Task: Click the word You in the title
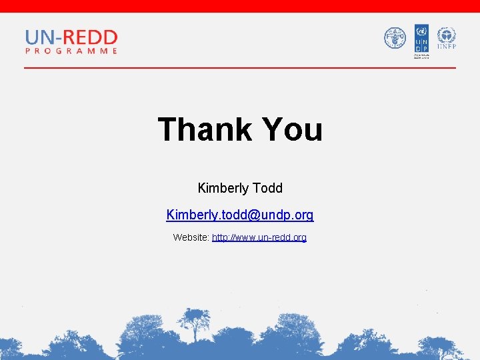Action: [x=293, y=130]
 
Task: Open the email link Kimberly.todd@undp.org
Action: [x=240, y=215]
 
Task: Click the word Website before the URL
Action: [x=191, y=237]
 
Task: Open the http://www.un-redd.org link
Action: [x=259, y=237]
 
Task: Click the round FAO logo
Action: [x=395, y=38]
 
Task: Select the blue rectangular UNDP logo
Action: [x=421, y=39]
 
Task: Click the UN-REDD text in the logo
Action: [x=71, y=37]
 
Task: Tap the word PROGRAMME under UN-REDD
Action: [x=71, y=51]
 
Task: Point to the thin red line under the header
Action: [x=240, y=67]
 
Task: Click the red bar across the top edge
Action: [x=240, y=6]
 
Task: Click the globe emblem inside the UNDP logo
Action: [x=421, y=31]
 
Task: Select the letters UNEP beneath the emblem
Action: [x=446, y=47]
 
